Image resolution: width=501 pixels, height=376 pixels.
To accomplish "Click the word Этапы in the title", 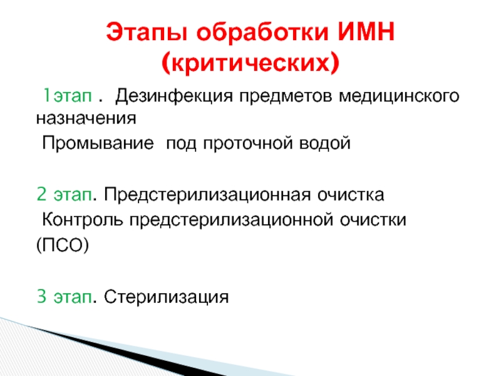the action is [x=147, y=32].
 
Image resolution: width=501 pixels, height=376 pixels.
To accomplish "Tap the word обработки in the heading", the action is [x=262, y=32].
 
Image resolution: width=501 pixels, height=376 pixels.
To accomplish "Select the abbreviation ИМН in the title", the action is [x=366, y=32].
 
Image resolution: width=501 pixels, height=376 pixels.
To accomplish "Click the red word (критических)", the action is [x=250, y=62].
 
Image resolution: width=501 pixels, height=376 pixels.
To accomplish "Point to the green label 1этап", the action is [x=68, y=95].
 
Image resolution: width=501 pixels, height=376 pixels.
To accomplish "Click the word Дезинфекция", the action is [x=174, y=96].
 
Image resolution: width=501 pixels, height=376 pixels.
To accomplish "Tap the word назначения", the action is [x=86, y=118].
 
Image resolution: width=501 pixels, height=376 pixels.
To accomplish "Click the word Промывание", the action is [x=98, y=143].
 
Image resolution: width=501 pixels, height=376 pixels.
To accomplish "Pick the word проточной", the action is [x=248, y=144].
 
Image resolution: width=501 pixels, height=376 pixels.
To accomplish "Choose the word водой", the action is [x=325, y=143].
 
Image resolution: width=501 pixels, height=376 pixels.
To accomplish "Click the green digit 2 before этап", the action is [x=41, y=194].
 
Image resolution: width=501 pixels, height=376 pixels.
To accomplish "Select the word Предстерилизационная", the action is [x=207, y=195].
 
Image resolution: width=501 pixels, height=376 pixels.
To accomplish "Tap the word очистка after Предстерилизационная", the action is [x=351, y=195].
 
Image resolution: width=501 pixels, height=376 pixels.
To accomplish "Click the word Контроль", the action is [x=83, y=220].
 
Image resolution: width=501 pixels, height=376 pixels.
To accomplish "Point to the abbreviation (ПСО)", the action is [x=62, y=246].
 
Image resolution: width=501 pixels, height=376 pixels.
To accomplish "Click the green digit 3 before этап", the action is [x=41, y=296].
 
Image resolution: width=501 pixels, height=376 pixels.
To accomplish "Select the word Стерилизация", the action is [x=166, y=297].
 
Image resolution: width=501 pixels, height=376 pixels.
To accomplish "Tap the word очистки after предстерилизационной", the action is [x=373, y=220].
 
